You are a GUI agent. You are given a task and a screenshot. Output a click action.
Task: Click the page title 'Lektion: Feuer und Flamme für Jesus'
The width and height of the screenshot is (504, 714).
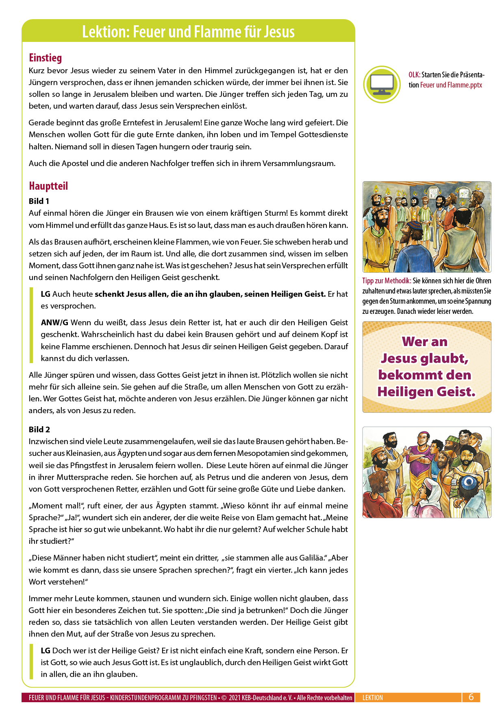pos(188,31)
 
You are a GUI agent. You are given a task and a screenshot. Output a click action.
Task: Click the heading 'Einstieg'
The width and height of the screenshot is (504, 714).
pos(45,58)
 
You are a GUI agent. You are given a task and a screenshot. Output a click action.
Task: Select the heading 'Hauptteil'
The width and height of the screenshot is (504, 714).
pos(48,186)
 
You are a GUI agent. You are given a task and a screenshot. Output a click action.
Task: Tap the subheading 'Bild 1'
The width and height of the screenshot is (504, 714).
pos(39,201)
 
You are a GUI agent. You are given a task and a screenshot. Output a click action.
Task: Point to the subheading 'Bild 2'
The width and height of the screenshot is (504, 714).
pos(39,429)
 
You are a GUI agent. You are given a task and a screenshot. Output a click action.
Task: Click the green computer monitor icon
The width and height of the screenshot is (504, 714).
pos(382,84)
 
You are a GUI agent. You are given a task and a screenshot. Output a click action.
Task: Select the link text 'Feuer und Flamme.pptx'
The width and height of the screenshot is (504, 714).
pos(451,85)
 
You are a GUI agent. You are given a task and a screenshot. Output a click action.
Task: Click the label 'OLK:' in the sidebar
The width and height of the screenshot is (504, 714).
pos(414,75)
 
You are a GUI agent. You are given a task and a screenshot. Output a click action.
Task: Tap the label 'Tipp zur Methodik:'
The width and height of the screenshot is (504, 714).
pos(387,281)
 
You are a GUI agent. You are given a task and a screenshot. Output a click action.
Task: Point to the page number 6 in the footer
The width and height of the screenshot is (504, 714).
pos(471,697)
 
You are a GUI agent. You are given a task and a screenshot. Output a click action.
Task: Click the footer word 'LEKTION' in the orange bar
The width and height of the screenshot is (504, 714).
pos(372,698)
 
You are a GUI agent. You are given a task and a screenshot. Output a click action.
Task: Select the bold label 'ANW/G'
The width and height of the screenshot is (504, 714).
pos(54,323)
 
